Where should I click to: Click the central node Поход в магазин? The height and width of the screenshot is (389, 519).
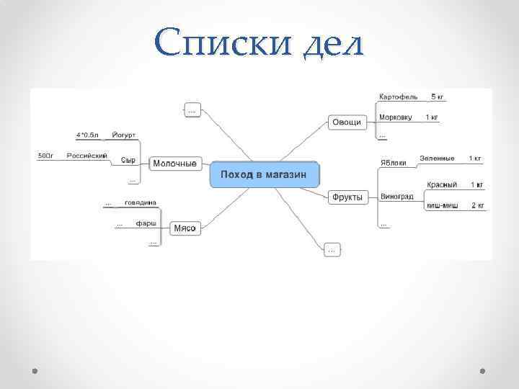264,175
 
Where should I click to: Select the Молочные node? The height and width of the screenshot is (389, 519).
174,164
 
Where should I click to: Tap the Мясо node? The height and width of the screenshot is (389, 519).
185,228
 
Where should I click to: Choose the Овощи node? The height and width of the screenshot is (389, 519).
346,122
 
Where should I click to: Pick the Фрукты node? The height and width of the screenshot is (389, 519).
347,196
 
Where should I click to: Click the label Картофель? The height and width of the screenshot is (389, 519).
399,97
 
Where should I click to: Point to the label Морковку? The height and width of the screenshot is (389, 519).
396,117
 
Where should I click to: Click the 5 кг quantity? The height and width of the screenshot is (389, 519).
438,97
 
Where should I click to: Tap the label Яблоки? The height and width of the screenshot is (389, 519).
394,162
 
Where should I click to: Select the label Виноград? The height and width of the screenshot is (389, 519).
397,196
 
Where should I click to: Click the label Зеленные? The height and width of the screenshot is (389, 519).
437,158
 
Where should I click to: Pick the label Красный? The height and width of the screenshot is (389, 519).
441,185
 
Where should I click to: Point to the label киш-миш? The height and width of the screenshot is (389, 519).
442,205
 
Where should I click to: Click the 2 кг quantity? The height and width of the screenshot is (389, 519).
478,205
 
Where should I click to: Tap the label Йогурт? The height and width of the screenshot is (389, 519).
124,135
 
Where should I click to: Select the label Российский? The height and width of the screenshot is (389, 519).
87,156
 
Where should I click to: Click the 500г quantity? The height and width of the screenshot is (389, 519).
45,156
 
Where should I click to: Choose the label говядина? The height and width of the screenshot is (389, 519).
140,202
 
